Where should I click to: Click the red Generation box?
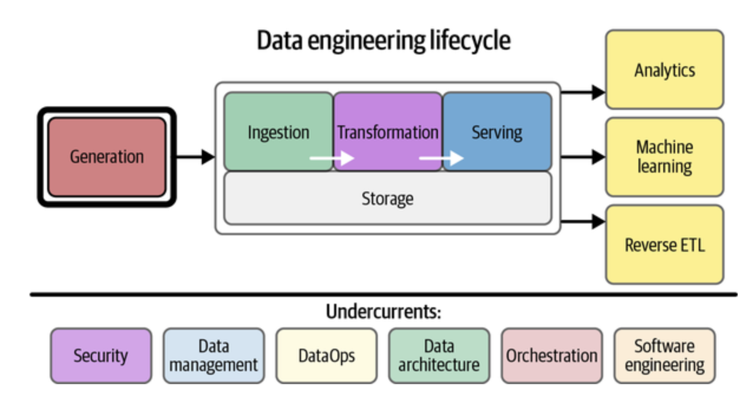[107, 157]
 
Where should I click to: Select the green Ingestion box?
[278, 131]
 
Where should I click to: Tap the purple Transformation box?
[387, 131]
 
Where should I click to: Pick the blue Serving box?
[497, 131]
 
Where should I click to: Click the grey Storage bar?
[387, 199]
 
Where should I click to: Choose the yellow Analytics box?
[664, 70]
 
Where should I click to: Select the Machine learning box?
[664, 157]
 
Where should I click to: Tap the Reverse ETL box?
[664, 244]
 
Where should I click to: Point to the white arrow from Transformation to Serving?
[441, 158]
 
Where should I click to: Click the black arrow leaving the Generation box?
[195, 157]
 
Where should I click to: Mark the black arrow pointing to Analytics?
[582, 92]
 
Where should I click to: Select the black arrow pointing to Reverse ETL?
[582, 222]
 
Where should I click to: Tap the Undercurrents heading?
[383, 311]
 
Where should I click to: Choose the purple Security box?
[100, 356]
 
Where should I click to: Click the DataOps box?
[326, 356]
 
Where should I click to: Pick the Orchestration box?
[551, 356]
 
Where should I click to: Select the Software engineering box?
[664, 356]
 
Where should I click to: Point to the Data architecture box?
[438, 356]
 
